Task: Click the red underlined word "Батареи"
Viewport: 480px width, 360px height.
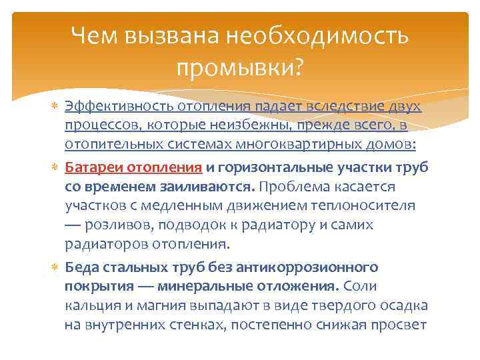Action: [89, 169]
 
